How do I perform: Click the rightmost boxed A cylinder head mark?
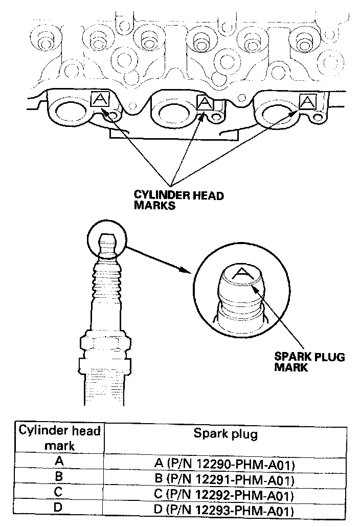point(307,101)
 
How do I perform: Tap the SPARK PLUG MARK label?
point(309,362)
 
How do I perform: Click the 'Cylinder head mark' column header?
point(59,438)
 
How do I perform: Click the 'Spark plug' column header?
point(226,434)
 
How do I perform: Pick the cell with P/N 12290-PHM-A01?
point(226,464)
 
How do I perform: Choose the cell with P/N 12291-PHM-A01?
point(226,480)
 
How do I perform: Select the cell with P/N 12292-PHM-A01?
point(226,496)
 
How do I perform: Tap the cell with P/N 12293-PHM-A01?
point(226,511)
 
